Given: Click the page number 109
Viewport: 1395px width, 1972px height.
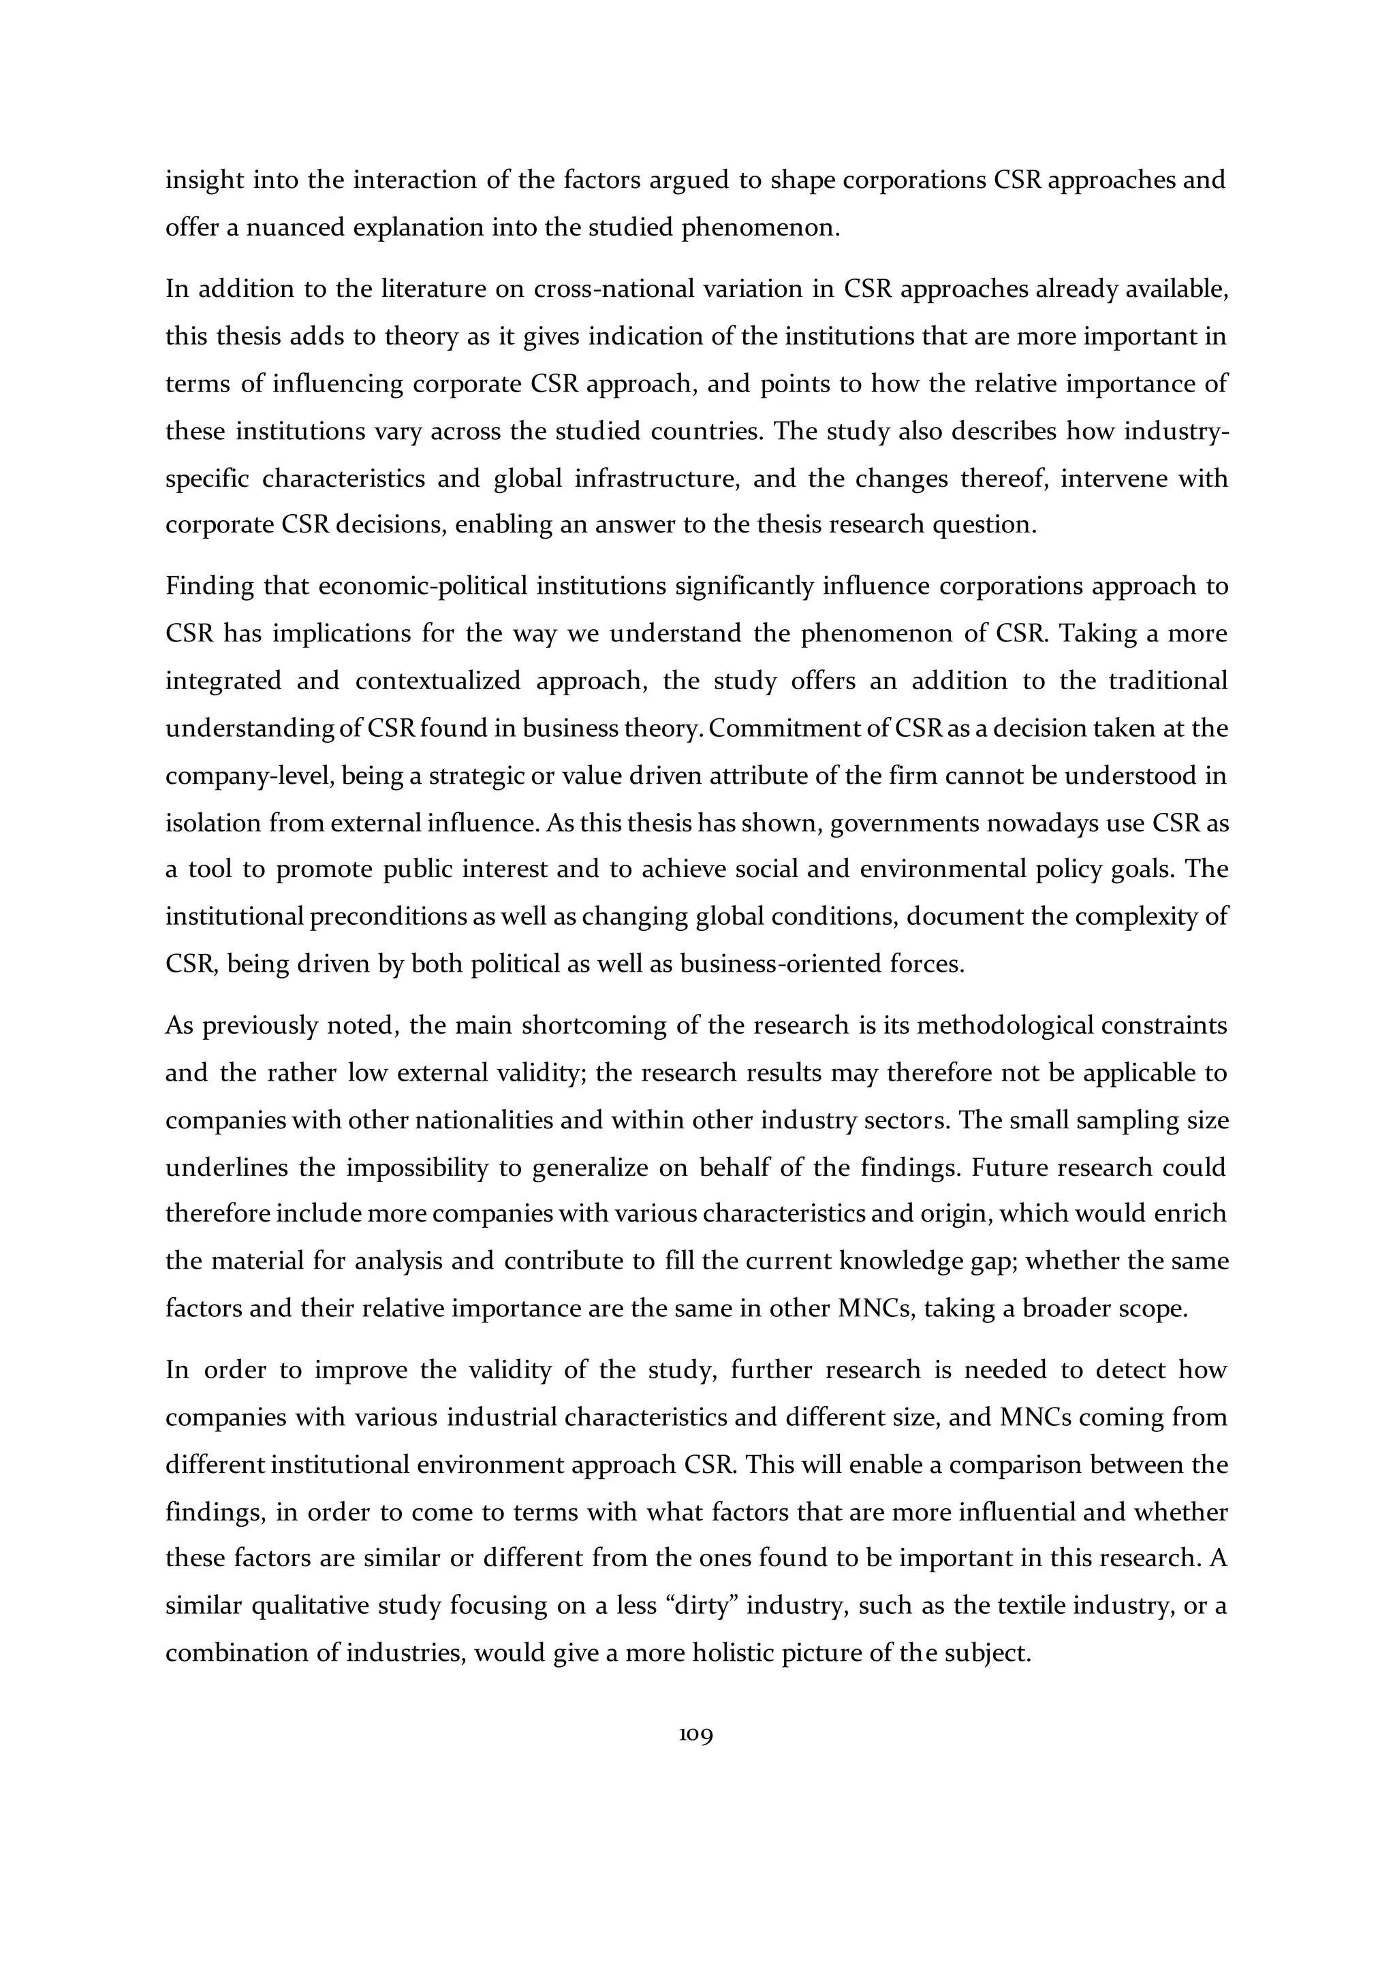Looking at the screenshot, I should tap(695, 1736).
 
